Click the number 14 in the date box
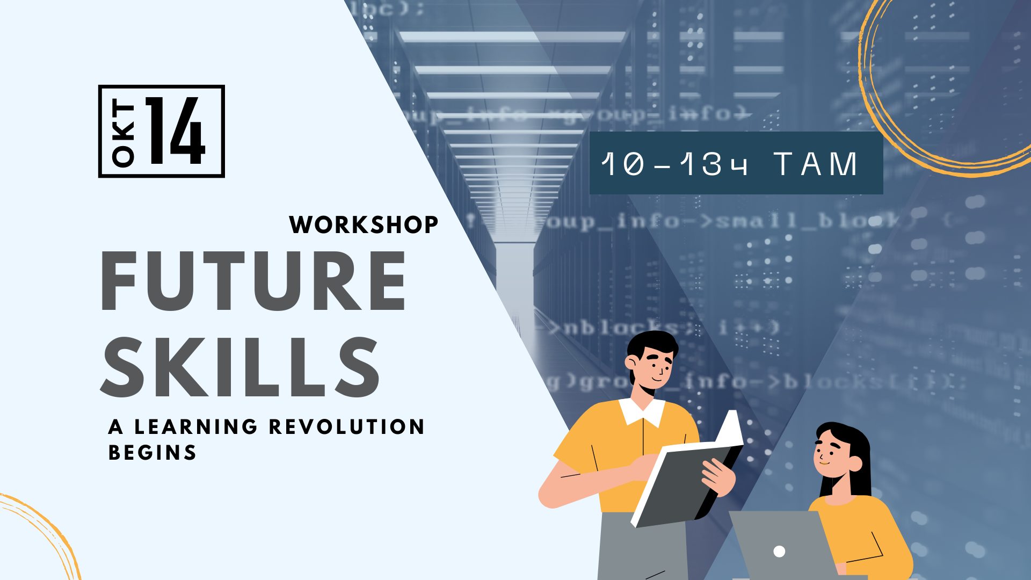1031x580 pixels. pos(176,131)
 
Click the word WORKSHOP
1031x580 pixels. pos(364,224)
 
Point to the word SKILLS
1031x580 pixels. pos(241,368)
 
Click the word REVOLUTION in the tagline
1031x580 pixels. pos(347,427)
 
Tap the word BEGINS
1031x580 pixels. pos(153,453)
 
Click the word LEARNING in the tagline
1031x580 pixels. pos(196,427)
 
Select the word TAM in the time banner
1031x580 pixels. pos(816,164)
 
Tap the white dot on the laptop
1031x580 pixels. pos(779,551)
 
